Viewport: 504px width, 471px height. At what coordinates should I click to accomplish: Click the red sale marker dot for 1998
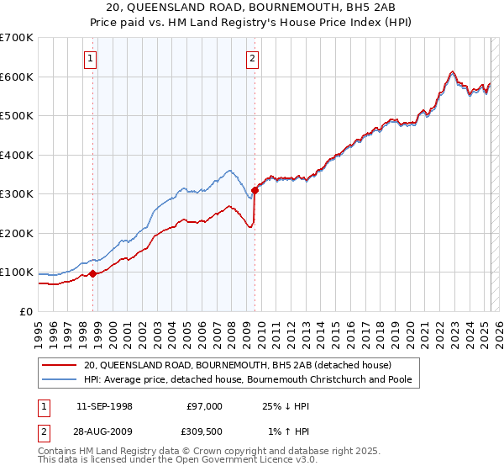click(x=92, y=273)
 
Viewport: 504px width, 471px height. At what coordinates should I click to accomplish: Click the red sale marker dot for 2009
click(x=255, y=190)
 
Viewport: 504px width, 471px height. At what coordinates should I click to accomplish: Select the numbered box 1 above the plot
click(x=90, y=59)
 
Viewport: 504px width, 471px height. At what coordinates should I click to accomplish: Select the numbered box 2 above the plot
click(x=252, y=59)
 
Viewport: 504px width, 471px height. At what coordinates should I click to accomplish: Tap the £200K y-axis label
click(x=17, y=233)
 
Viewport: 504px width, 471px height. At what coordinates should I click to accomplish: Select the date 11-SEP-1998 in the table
click(x=103, y=406)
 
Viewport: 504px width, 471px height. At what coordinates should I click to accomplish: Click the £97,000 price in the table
click(x=205, y=406)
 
